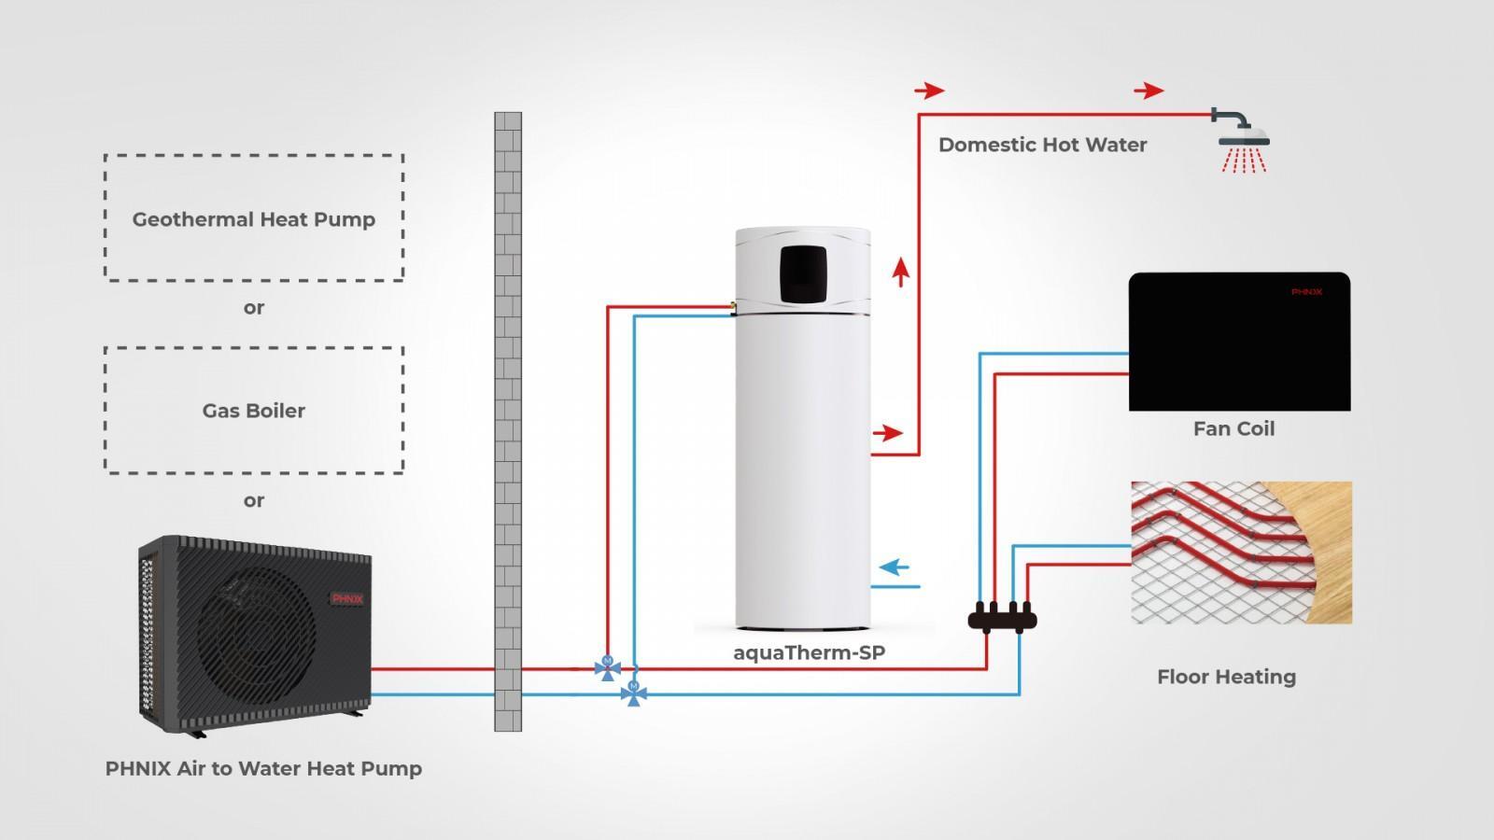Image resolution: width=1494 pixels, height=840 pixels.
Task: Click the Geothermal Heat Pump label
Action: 253,219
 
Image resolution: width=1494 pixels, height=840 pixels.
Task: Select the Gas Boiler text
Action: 253,411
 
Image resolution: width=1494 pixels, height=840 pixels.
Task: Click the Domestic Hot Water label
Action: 1042,145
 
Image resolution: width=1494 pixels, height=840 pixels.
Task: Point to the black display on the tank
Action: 803,274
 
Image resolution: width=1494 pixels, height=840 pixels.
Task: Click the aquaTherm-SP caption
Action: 809,652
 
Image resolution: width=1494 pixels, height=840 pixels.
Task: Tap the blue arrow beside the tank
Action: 895,567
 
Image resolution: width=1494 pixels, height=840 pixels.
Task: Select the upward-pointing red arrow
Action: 901,272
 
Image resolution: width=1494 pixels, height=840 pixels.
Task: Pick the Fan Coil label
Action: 1233,428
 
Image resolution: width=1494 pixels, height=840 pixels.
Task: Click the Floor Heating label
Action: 1227,677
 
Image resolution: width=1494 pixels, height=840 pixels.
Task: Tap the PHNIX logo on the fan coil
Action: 1306,292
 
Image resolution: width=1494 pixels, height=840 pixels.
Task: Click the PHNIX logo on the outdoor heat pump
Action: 347,598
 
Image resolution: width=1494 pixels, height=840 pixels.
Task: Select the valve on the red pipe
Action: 608,668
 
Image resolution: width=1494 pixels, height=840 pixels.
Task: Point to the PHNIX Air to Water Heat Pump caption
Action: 263,769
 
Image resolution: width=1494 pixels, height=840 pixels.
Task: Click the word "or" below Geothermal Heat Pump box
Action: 253,308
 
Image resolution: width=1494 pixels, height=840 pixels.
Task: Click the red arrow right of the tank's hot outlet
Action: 888,433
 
